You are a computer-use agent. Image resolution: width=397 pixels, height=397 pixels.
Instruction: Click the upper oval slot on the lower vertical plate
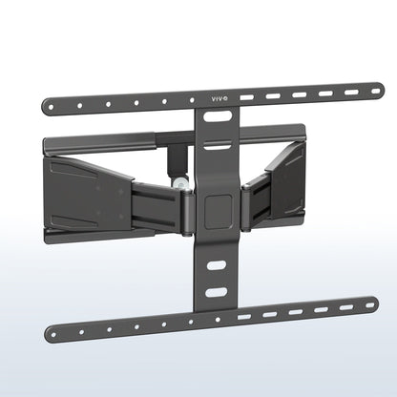[218, 267]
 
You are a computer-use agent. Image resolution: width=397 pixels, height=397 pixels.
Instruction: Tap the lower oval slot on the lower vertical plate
[218, 291]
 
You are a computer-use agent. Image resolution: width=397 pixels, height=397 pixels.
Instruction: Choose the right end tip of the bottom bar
[373, 304]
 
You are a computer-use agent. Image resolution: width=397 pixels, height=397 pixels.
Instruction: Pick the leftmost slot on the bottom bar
[245, 316]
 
